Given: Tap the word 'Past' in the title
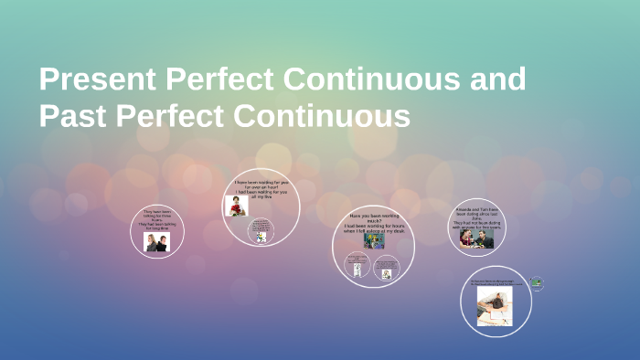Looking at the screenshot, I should point(74,116).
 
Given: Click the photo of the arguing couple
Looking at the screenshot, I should point(156,241).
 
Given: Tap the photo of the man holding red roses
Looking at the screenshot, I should point(237,206).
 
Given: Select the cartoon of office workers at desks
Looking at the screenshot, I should point(373,241).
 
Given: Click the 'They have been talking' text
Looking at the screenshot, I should point(156,219).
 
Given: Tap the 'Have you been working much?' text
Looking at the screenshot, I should point(373,223).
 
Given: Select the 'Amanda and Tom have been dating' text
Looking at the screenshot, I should point(477,217).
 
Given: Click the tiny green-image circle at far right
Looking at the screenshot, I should point(537,284).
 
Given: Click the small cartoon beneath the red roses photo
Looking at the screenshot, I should point(261,232).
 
